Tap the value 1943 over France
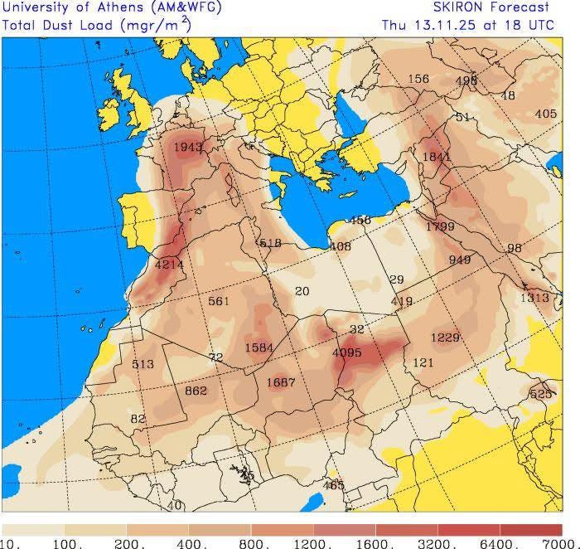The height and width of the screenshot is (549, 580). click(188, 147)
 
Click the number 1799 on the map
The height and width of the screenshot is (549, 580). click(440, 226)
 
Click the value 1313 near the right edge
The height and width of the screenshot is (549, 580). click(534, 298)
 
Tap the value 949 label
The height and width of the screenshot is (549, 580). click(460, 260)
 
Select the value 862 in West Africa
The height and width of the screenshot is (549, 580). click(196, 391)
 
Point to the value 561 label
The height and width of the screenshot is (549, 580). click(219, 301)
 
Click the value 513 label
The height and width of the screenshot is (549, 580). click(143, 364)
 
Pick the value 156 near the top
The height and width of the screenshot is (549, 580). click(419, 80)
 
